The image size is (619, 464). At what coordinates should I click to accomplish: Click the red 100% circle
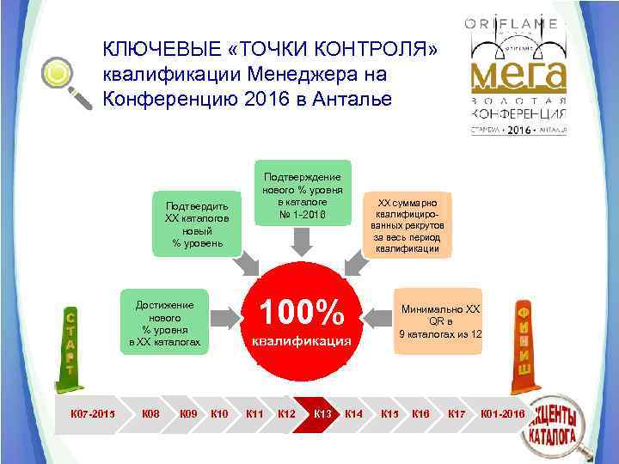(301, 320)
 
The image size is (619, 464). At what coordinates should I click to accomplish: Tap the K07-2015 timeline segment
(86, 414)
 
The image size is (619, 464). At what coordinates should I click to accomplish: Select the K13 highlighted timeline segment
(322, 414)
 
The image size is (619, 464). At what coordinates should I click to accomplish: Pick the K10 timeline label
(219, 414)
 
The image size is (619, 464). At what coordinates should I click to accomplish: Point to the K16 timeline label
(420, 414)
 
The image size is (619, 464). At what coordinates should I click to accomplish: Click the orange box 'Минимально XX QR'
(439, 321)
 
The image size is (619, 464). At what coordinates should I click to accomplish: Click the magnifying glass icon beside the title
(67, 82)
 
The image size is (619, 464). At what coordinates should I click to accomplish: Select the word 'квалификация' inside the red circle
(301, 341)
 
